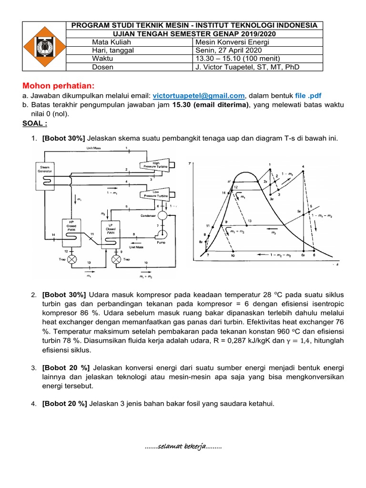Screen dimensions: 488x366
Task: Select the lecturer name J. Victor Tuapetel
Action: [x=247, y=67]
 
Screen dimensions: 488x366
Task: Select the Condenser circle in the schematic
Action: [x=163, y=215]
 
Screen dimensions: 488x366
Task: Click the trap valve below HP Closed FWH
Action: [x=72, y=260]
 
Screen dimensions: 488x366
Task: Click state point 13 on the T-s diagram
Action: [x=247, y=224]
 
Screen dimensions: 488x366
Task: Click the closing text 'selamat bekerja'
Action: [x=183, y=447]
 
